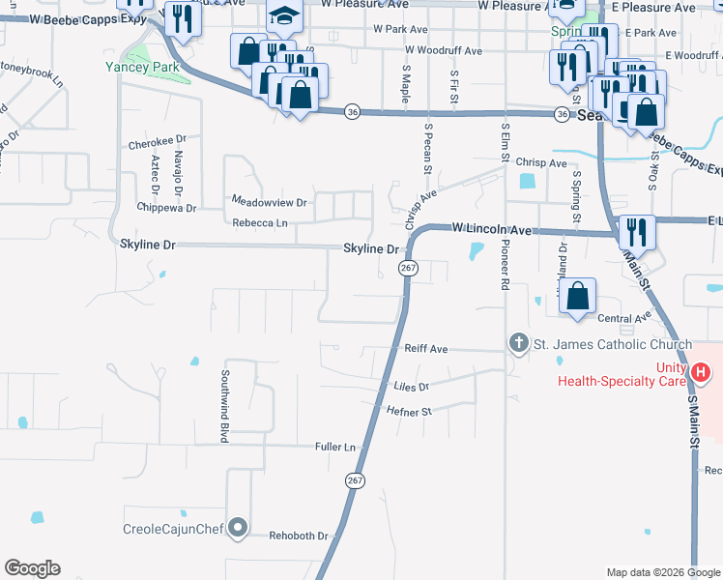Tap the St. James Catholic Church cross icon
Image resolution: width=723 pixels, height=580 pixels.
pyautogui.click(x=519, y=343)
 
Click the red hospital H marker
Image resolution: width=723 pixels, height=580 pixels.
pyautogui.click(x=702, y=371)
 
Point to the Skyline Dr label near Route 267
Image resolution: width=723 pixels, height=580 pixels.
pyautogui.click(x=371, y=248)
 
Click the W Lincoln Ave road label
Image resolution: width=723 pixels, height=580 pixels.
pyautogui.click(x=493, y=230)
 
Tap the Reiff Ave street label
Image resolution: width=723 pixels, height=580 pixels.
pyautogui.click(x=426, y=348)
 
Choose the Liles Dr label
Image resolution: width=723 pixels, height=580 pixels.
pyautogui.click(x=411, y=387)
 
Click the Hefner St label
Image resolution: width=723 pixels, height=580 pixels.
pyautogui.click(x=409, y=411)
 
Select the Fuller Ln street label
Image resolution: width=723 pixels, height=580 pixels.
pyautogui.click(x=335, y=447)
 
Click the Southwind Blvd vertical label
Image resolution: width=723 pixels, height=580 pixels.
pyautogui.click(x=224, y=406)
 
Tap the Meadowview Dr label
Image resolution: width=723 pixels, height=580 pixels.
pyautogui.click(x=269, y=202)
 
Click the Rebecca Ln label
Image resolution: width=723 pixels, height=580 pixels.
pyautogui.click(x=260, y=223)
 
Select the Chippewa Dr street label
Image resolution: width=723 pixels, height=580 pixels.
pyautogui.click(x=166, y=208)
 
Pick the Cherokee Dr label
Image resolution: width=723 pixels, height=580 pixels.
pyautogui.click(x=156, y=143)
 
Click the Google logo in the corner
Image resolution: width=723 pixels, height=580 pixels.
pyautogui.click(x=32, y=568)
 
